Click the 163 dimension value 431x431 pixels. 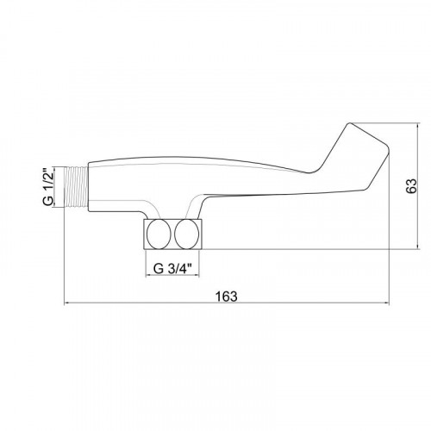(227, 297)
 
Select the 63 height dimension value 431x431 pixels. (411, 186)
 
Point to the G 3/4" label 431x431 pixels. (172, 269)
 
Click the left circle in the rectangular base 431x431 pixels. (159, 234)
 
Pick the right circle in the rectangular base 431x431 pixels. (187, 234)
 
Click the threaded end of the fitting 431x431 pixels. (76, 187)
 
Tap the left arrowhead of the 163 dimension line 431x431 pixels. (66, 303)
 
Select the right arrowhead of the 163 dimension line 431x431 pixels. (385, 303)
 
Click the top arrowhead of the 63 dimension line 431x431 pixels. (418, 127)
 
